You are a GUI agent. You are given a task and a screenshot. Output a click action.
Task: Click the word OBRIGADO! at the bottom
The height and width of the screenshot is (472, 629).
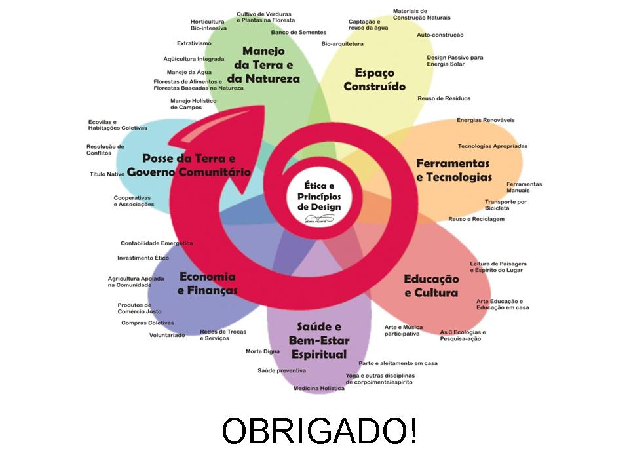pyautogui.click(x=318, y=431)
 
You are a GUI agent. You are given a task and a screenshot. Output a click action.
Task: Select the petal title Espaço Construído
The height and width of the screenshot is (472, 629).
pyautogui.click(x=375, y=79)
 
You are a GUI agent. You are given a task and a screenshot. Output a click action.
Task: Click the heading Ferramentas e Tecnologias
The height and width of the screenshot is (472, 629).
pyautogui.click(x=453, y=170)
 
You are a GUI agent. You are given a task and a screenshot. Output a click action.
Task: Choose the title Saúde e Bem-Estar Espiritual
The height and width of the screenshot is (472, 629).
pyautogui.click(x=319, y=340)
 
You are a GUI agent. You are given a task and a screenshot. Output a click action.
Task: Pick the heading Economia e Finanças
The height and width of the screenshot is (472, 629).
pyautogui.click(x=207, y=283)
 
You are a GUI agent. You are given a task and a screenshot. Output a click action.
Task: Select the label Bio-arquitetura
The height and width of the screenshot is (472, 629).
pyautogui.click(x=342, y=44)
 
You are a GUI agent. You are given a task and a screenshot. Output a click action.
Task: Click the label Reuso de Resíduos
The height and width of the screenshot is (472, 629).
pyautogui.click(x=444, y=98)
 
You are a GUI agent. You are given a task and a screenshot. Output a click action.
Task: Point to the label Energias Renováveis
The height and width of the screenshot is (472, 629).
pyautogui.click(x=486, y=120)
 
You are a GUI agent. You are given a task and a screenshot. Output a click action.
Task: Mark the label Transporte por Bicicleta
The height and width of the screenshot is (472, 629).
pyautogui.click(x=505, y=205)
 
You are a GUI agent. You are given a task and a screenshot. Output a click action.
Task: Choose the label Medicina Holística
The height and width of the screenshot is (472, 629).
pyautogui.click(x=318, y=388)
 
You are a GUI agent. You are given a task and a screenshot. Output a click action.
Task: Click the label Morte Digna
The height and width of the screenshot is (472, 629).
pyautogui.click(x=262, y=351)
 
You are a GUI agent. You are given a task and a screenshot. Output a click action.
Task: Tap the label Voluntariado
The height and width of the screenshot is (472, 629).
pyautogui.click(x=167, y=335)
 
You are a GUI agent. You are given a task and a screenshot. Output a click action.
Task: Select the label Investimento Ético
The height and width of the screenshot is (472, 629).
pyautogui.click(x=143, y=258)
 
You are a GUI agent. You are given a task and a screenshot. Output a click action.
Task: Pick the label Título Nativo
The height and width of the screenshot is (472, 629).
pyautogui.click(x=107, y=174)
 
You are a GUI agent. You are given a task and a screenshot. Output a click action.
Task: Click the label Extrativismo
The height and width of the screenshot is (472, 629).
pyautogui.click(x=194, y=43)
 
